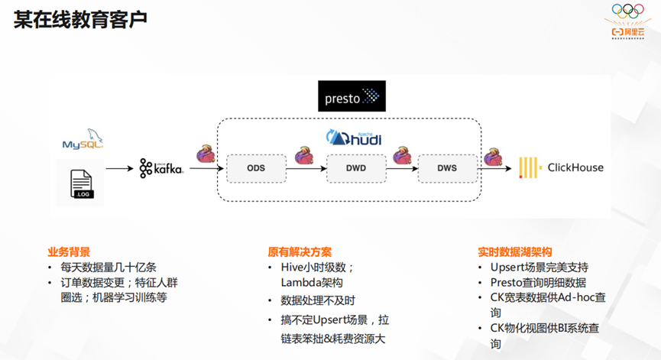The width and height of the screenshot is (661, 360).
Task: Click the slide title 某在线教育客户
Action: [x=80, y=21]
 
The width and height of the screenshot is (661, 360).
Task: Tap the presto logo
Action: [x=352, y=97]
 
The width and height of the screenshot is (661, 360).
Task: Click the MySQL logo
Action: [x=83, y=141]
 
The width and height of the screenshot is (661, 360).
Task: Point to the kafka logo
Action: [x=161, y=168]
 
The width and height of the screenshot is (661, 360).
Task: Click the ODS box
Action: [x=255, y=168]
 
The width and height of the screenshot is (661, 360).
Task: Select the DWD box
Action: [x=355, y=168]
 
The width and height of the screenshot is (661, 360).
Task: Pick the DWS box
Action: [x=447, y=168]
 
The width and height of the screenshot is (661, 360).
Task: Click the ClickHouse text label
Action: [x=575, y=167]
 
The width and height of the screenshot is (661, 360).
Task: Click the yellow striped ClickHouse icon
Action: [x=530, y=168]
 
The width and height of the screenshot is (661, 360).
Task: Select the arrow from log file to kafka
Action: [x=118, y=168]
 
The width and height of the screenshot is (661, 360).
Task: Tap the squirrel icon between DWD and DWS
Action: [x=403, y=156]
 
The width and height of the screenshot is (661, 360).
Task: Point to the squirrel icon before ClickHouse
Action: [x=494, y=156]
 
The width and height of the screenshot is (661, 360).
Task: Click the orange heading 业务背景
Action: [x=69, y=251]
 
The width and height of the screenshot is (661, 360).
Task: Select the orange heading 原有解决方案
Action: [x=300, y=251]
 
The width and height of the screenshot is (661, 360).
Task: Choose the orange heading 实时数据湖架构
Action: [x=515, y=251]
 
